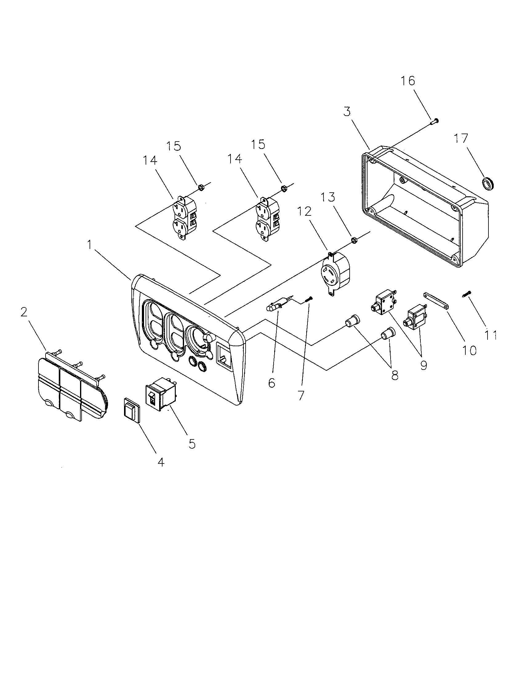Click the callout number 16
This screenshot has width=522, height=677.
pos(408,81)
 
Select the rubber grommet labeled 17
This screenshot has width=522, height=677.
pos(489,184)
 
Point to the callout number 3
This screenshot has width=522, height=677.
pos(347,112)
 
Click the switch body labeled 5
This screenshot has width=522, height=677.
pos(161,393)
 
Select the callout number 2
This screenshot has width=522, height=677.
pos(24,312)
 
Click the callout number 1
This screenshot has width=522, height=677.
pos(90,245)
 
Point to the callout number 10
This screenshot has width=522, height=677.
pos(469,350)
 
